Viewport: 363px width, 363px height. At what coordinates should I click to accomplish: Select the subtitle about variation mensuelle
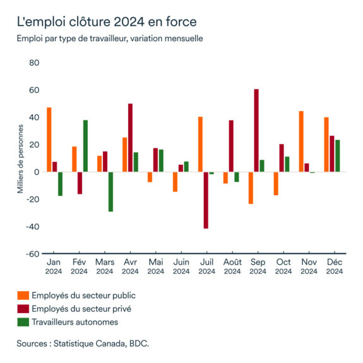point(109,39)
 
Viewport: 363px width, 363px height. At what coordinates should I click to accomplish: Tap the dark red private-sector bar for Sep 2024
point(256,131)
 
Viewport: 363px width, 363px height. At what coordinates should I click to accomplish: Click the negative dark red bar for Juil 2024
point(206,200)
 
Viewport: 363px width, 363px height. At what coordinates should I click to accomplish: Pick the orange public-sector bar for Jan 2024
point(49,140)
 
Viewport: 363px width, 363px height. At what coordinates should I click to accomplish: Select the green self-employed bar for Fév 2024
point(85,146)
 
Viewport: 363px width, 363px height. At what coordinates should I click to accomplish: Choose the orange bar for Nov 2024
point(301,141)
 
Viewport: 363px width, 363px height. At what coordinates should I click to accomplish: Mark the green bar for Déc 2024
point(338,156)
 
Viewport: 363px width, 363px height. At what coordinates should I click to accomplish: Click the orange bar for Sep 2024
point(251,187)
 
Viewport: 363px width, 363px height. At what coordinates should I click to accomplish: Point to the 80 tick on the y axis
point(33,63)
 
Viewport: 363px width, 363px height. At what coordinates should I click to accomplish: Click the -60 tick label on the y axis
point(32,254)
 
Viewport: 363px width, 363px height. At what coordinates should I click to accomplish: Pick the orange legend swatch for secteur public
point(23,295)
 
